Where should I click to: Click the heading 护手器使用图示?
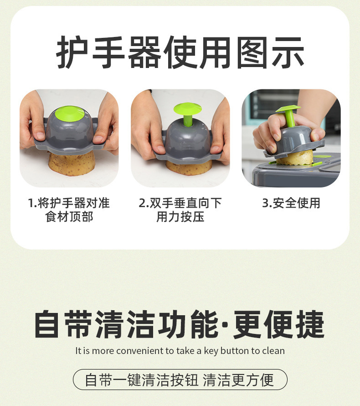point(180,52)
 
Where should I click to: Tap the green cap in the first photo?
point(69,114)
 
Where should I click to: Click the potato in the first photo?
point(71,164)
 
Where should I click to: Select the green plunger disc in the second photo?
point(187,109)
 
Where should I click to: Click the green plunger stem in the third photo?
point(290,118)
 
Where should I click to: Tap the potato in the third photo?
point(295,158)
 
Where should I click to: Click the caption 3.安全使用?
point(291,203)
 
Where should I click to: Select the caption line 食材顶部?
point(69,217)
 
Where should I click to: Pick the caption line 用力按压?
point(180,217)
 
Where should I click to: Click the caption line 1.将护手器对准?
point(69,203)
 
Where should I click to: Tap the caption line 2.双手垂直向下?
point(180,203)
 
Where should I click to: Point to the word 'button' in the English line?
point(235,351)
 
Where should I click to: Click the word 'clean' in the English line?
point(273,351)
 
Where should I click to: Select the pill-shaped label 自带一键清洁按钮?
point(180,380)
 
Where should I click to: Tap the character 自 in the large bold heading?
point(47,324)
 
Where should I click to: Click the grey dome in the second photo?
point(187,140)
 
